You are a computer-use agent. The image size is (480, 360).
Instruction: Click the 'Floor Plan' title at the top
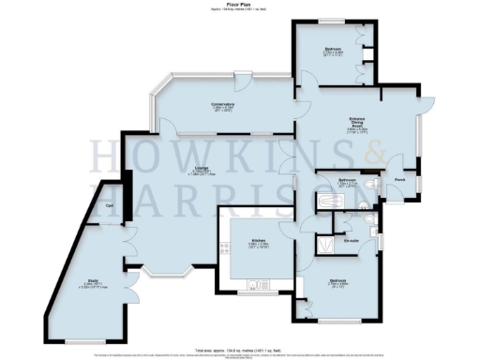240,5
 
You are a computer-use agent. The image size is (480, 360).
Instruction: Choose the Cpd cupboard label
110,205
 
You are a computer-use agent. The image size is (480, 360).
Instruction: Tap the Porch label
398,179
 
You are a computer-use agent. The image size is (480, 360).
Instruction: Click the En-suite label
352,242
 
